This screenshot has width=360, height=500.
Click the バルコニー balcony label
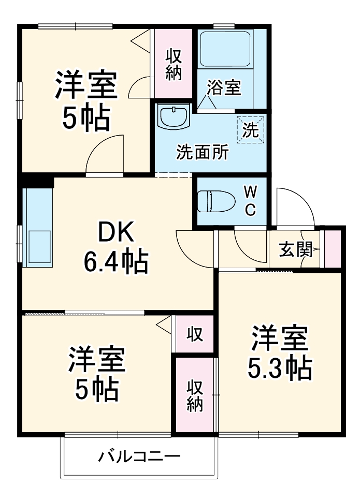coord(139,457)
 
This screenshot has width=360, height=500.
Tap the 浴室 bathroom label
coord(224,87)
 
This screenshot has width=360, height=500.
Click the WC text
coord(250,201)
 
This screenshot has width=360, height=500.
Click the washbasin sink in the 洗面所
coord(174,118)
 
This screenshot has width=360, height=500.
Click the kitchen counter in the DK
coord(37,228)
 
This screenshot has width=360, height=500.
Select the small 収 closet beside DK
coord(194,334)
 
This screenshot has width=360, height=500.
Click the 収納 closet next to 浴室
coord(174,65)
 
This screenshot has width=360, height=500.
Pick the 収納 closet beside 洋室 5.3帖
coord(194,395)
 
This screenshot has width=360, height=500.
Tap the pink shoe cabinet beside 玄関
coord(332,249)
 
